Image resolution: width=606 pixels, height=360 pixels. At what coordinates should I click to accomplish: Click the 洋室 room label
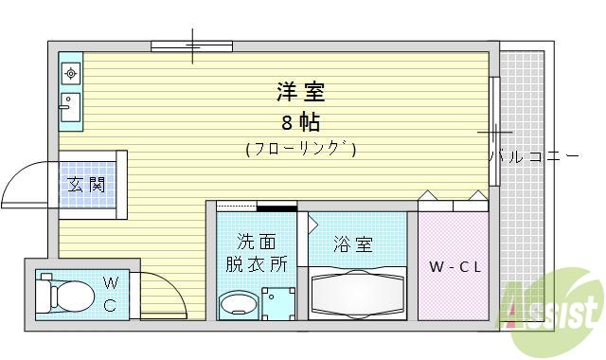pos(301,93)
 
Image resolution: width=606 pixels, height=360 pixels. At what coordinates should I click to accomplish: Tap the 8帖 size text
pos(300,122)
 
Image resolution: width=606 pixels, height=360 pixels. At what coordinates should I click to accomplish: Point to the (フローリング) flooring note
pos(301,149)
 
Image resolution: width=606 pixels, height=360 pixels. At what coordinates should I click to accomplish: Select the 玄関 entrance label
pos(87,185)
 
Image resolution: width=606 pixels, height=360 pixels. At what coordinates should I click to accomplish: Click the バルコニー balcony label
pos(533,156)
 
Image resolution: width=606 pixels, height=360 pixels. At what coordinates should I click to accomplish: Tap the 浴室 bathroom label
pos(352,243)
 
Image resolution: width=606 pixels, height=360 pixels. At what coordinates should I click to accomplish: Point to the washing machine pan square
pos(279,304)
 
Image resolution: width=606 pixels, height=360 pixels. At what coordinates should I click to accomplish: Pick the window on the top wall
pos(191,45)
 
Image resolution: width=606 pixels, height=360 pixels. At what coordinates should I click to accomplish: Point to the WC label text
pos(111,293)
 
